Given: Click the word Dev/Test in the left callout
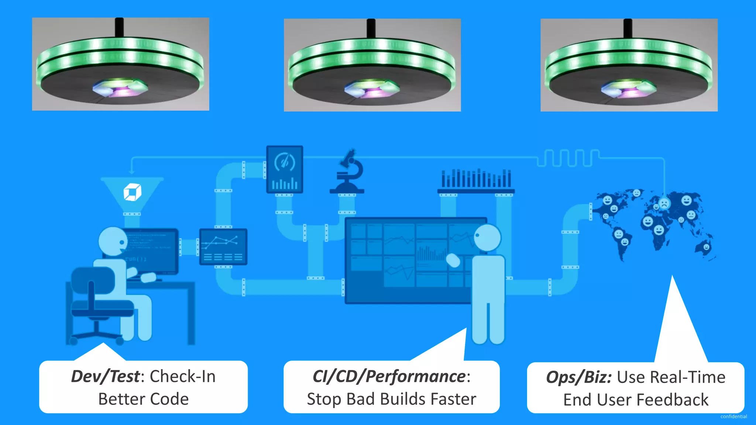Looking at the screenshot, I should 106,377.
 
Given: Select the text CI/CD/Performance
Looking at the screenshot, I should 389,377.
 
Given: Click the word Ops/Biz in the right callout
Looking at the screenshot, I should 578,377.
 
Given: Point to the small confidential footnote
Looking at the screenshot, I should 733,417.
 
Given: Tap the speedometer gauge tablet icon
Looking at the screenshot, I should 285,169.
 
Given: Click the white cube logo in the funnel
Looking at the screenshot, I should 132,192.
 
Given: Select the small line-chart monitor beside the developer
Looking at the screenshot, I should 223,246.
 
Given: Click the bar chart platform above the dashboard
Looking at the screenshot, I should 476,181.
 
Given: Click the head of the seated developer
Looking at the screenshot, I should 112,241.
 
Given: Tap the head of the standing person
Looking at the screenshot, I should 487,237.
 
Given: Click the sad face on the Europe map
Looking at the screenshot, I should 664,203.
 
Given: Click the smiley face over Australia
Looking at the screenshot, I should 706,247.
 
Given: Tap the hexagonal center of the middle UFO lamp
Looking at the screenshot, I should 372,89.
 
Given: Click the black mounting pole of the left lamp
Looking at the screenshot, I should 119,27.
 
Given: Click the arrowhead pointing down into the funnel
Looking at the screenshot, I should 131,172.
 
